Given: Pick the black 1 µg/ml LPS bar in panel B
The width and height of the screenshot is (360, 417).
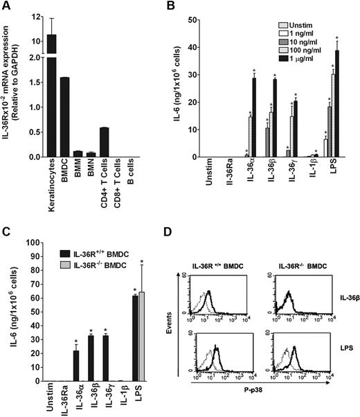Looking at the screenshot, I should pos(338,104).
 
